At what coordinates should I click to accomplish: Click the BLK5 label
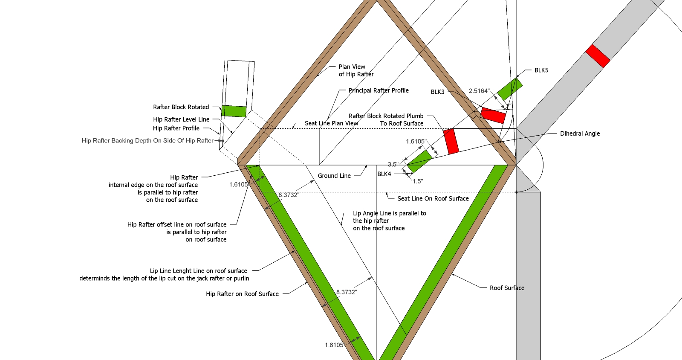pos(541,70)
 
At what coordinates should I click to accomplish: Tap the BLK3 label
pos(437,92)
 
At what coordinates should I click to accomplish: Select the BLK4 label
pos(384,174)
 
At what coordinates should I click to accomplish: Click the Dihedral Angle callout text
pos(580,134)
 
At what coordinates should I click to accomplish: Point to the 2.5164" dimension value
pos(479,91)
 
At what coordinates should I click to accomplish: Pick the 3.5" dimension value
pos(393,164)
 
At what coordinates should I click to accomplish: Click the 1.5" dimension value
pos(418,181)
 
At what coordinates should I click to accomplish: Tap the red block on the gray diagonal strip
pos(598,56)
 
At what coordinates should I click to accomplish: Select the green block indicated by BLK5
pos(510,89)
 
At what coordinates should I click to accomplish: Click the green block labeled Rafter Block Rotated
pos(234,111)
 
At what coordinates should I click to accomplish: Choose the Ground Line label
pos(334,176)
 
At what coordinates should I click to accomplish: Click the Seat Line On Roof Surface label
pos(433,199)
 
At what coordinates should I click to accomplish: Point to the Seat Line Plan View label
pos(331,123)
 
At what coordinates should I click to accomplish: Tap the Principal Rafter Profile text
pos(379,90)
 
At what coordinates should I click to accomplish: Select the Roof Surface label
pos(507,288)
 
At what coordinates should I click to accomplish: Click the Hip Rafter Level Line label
pos(181,119)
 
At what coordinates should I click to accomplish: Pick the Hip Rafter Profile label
pos(176,128)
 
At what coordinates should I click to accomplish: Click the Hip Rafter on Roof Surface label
pos(242,294)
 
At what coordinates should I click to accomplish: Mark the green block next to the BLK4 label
pos(420,161)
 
